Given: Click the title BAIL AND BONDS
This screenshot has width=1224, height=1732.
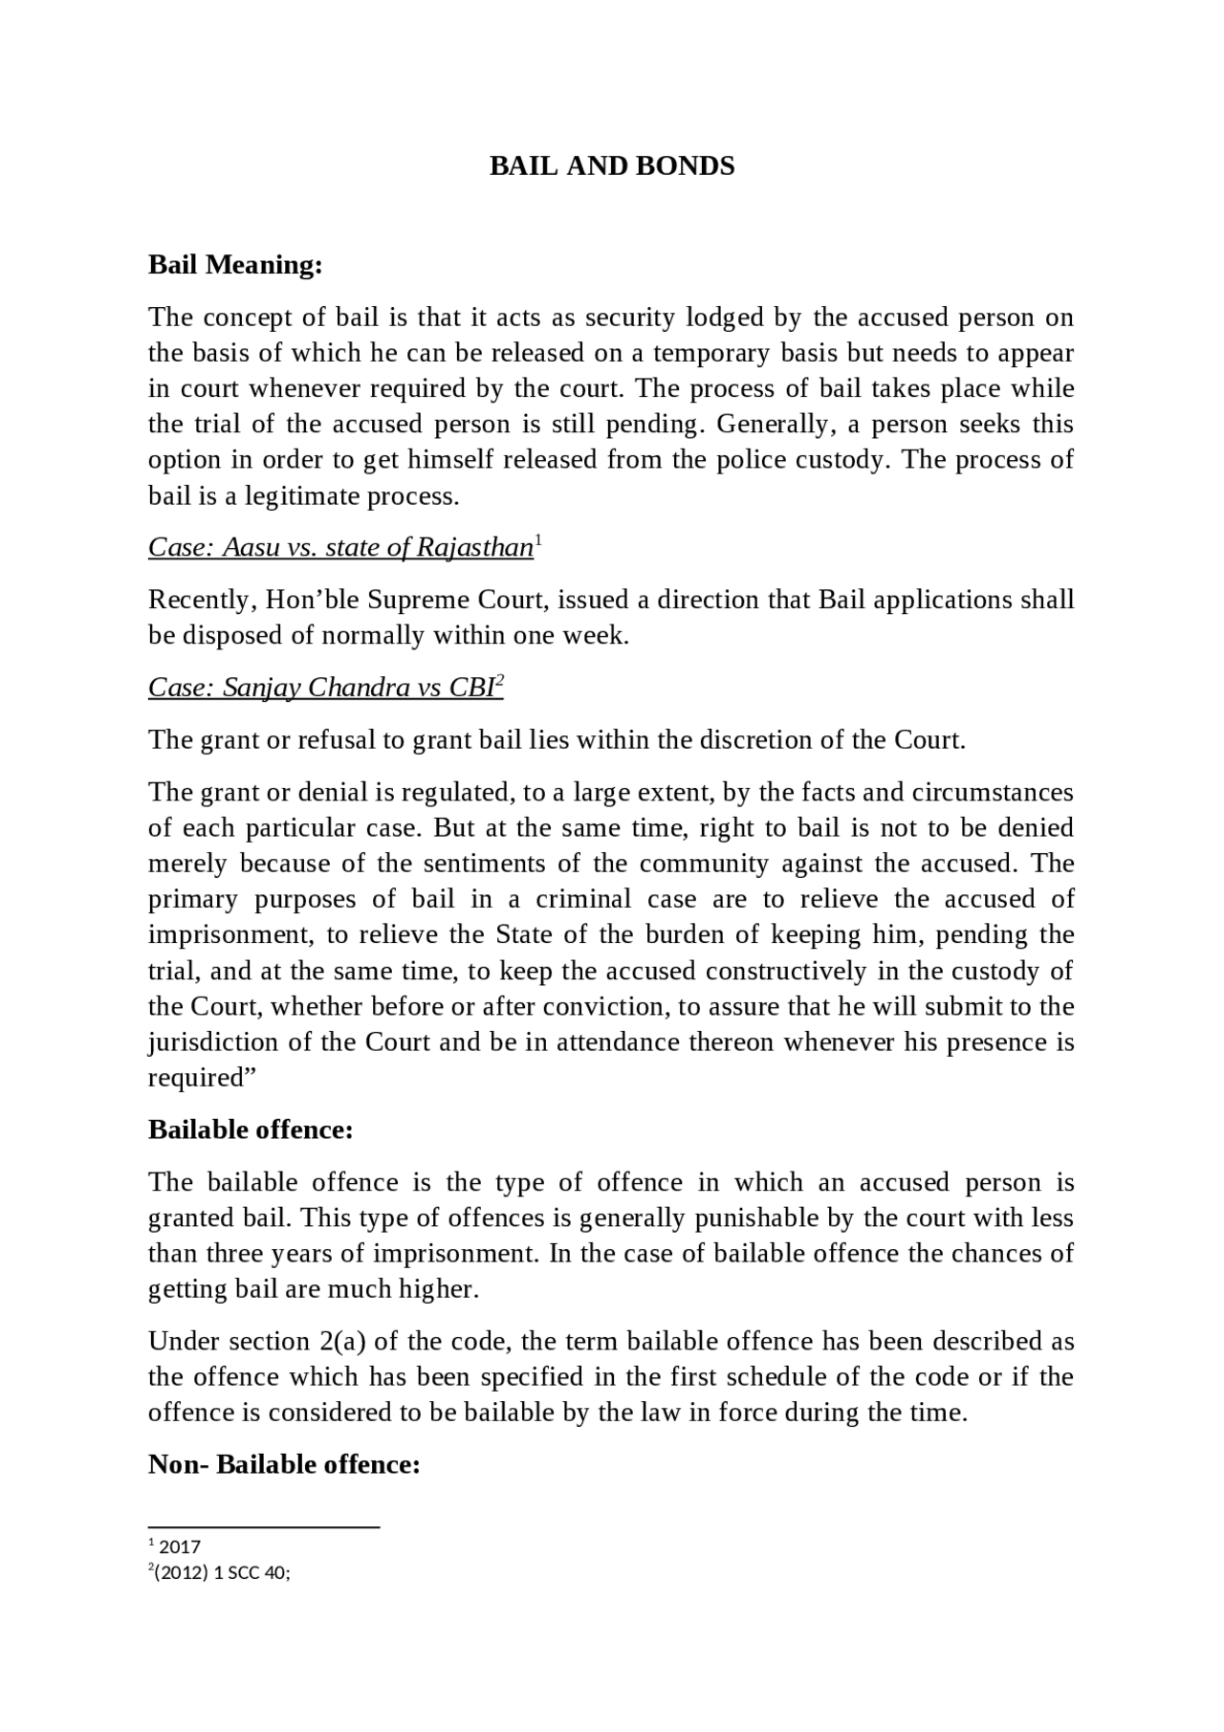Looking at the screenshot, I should (612, 166).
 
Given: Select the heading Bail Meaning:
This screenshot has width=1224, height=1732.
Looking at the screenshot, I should (235, 265).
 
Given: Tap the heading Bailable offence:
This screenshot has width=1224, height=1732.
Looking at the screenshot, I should (251, 1129).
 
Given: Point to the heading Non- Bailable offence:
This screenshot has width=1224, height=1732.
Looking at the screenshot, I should (284, 1464).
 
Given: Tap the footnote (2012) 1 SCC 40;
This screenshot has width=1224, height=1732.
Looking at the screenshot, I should (222, 1573).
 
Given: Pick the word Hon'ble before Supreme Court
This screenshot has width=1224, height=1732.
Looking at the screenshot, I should (312, 601).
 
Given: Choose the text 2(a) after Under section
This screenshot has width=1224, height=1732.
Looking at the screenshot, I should (339, 1342).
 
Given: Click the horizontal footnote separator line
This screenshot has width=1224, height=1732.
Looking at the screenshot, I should (264, 1527).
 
